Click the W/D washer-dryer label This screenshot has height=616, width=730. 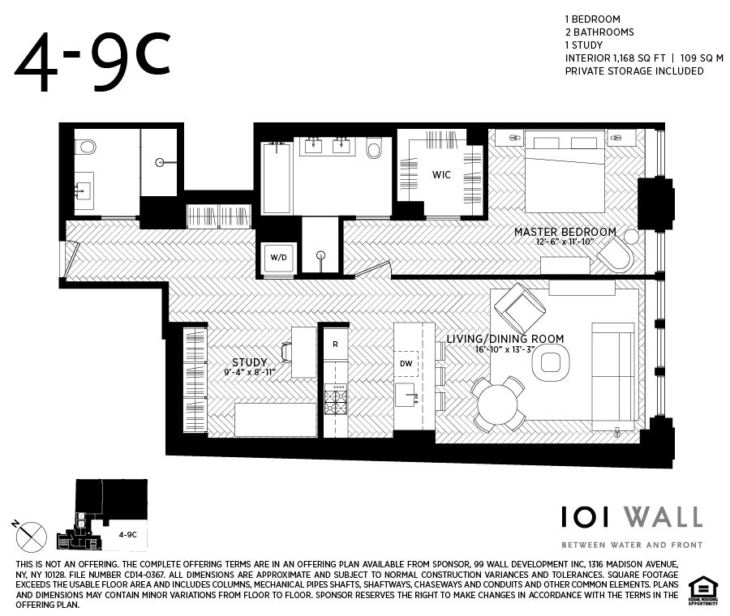tap(278, 257)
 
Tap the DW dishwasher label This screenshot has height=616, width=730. tap(406, 363)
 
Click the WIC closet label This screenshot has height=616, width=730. tap(441, 175)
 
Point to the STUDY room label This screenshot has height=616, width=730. tap(250, 362)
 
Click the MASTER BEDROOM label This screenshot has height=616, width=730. tap(565, 232)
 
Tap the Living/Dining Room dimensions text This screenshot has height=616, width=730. tap(505, 349)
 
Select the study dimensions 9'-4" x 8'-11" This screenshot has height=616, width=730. tap(250, 372)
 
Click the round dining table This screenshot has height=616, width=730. tap(498, 404)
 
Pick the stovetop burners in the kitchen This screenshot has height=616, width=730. tap(335, 400)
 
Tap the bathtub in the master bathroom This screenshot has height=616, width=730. tap(277, 178)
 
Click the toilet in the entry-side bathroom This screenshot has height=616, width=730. tap(86, 147)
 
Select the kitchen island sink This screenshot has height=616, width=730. tap(406, 395)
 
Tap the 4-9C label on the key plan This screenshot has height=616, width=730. tap(127, 535)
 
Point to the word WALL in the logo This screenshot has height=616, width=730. tap(663, 517)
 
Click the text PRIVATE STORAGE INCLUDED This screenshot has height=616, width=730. tap(634, 71)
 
